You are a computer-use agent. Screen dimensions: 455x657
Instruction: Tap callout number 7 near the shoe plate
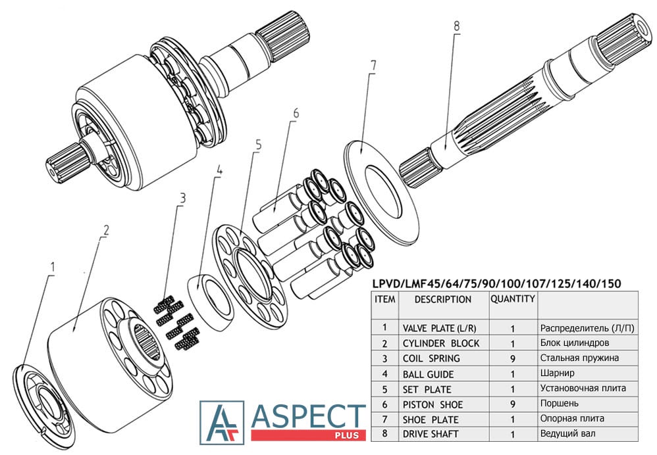tap(373, 66)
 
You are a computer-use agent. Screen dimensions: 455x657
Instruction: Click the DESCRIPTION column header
tap(443, 299)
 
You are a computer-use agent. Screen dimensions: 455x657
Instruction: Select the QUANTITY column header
tap(512, 299)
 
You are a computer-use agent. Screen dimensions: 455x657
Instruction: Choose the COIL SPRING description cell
tap(431, 358)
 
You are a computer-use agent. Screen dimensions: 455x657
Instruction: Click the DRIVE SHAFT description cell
tap(431, 433)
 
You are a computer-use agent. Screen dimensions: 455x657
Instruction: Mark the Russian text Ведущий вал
tap(567, 433)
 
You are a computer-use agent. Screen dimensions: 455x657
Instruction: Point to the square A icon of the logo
tap(222, 422)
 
